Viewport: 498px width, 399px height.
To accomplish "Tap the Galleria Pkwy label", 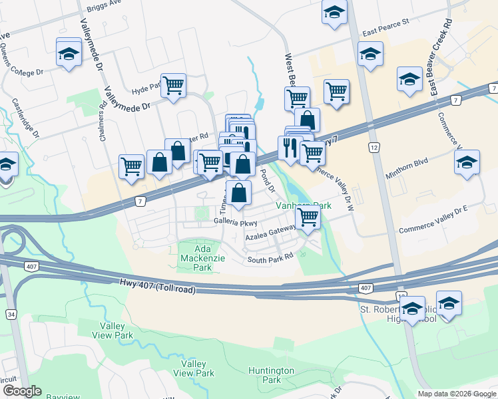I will pos(235,222).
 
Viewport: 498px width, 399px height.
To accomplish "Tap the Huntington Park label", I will pos(271,375).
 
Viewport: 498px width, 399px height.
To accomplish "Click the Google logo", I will pos(22,391).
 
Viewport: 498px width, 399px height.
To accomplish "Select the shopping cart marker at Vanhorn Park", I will pos(308,217).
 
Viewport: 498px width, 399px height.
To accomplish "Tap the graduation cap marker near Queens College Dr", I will pos(69,53).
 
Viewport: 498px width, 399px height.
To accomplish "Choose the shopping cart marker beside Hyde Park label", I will pos(173,85).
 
